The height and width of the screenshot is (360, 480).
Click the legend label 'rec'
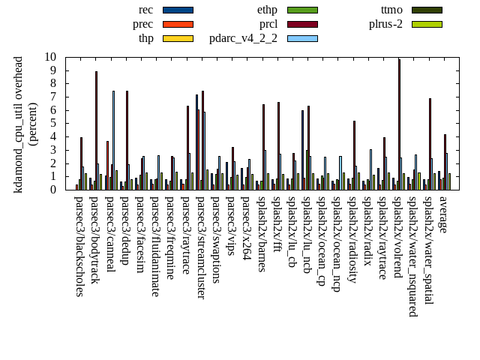pos(146,10)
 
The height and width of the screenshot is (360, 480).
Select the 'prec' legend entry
pos(143,24)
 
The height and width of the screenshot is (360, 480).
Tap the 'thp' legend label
pos(146,38)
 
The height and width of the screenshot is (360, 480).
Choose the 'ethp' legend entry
pos(267,10)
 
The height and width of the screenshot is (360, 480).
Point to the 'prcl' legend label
pos(268,24)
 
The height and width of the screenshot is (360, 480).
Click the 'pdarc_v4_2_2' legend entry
pos(243,38)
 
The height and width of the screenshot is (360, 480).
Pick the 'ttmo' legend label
pos(391,10)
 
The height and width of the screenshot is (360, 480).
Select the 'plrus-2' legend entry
pos(385,24)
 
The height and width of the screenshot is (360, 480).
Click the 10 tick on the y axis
pos(50,57)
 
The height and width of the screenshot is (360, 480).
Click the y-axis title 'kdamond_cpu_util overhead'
pos(19,124)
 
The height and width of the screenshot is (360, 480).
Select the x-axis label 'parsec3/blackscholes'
pos(79,246)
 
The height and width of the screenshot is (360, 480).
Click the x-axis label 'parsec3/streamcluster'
pos(201,247)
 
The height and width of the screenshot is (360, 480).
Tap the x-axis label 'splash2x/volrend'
pos(399,238)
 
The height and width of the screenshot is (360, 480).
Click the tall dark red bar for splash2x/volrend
pos(399,124)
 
